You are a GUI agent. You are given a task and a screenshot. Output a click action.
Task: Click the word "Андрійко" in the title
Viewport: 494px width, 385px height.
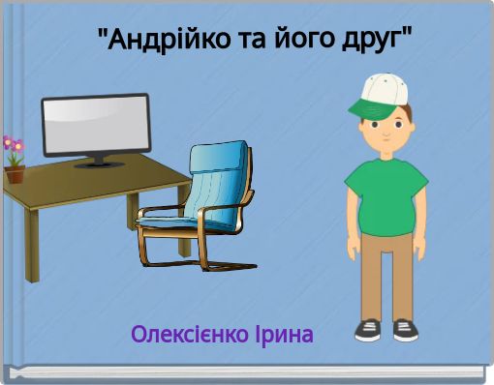pos(155,41)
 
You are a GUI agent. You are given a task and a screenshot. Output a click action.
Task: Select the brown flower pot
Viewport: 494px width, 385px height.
pos(15,175)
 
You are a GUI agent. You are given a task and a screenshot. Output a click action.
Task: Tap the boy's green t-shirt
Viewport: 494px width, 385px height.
pos(385,189)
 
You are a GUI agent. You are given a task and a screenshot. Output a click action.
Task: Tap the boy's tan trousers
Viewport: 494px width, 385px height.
pos(386,271)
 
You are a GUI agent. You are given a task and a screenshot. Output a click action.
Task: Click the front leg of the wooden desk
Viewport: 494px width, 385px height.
pos(32,247)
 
